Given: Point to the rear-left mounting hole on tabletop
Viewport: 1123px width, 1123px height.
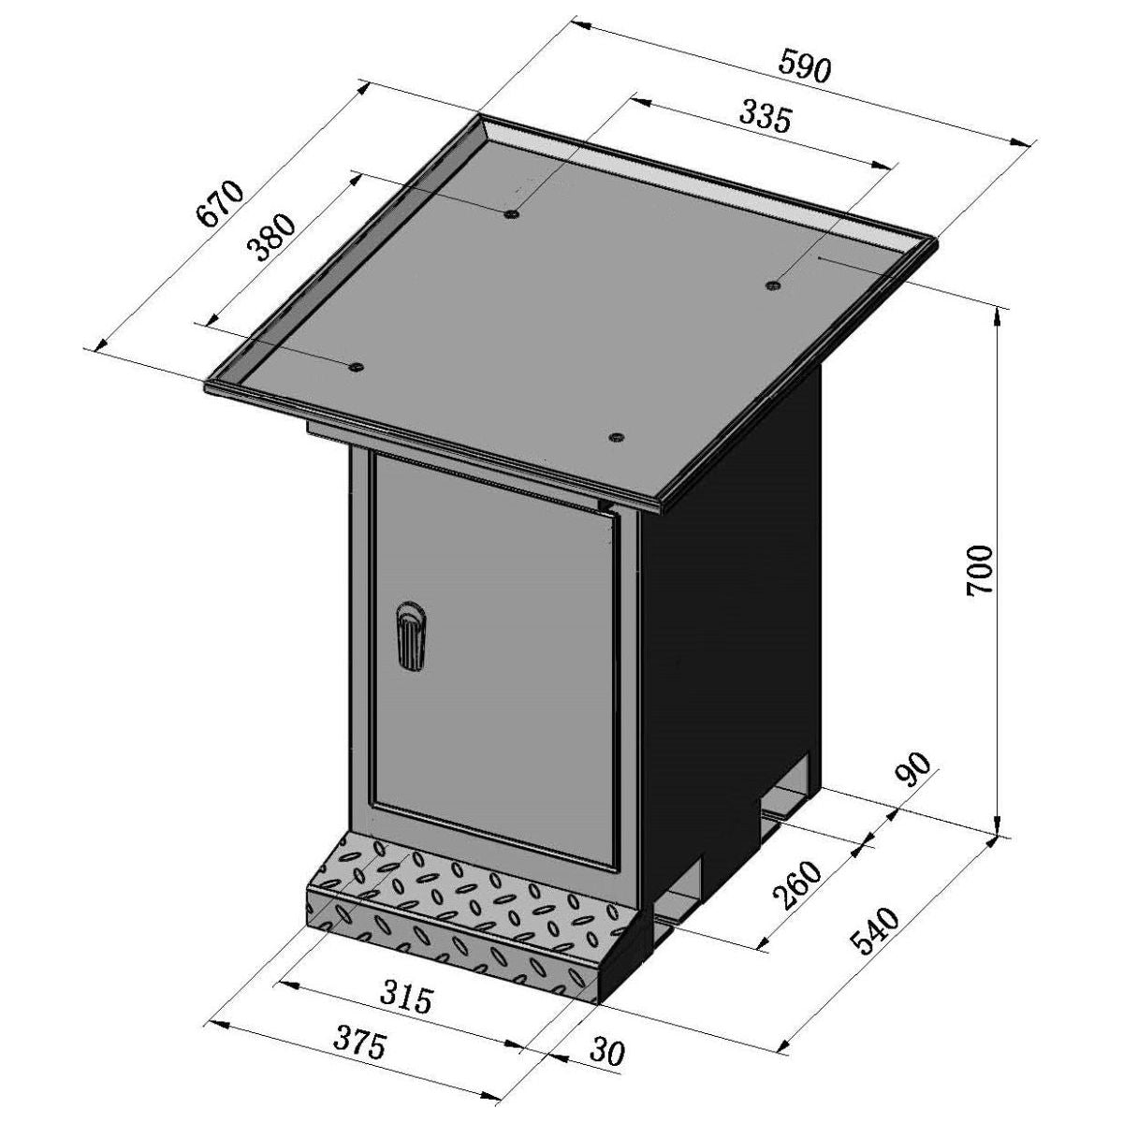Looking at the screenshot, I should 510,214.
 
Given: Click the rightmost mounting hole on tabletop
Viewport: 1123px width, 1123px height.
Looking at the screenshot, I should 773,284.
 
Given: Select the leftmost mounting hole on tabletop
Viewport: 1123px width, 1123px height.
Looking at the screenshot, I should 356,367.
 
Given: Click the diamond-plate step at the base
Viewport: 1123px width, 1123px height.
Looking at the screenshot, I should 459,908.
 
